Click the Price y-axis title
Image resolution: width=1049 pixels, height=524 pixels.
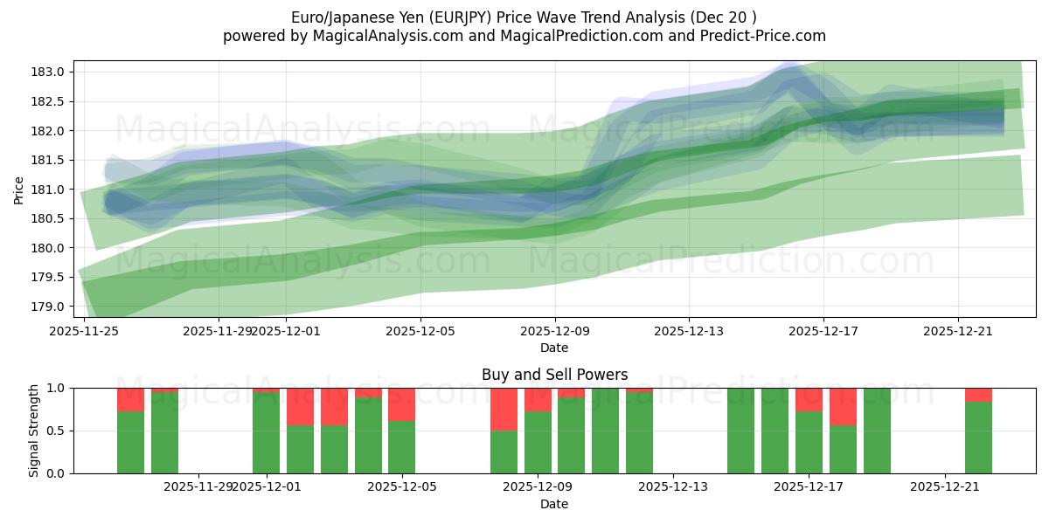point(19,190)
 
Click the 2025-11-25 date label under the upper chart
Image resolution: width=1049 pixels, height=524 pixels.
point(84,332)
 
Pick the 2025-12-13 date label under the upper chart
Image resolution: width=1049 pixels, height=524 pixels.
point(689,332)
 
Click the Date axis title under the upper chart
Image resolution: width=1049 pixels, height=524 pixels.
point(554,348)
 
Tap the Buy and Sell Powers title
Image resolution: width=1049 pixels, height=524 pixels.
point(554,375)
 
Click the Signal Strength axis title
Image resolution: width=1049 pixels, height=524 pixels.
point(35,431)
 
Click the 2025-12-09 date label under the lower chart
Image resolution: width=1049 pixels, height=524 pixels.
point(537,487)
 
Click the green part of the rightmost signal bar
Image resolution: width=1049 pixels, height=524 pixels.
point(978,437)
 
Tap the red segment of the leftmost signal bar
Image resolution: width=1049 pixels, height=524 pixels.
point(130,399)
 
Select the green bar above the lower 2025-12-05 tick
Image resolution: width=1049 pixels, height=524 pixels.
point(401,447)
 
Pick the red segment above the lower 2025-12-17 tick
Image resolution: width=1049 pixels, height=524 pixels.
point(809,399)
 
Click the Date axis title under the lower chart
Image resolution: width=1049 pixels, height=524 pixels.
point(554,504)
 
